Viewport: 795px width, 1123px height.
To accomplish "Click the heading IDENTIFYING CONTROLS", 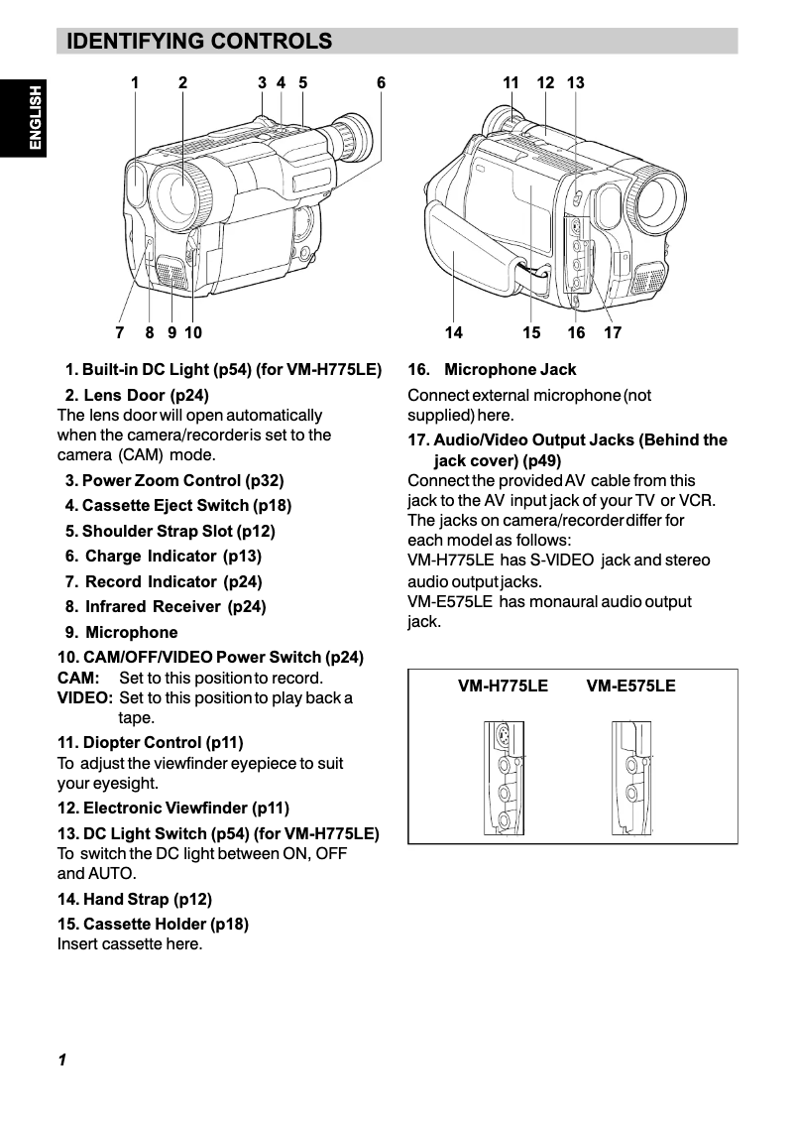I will (x=198, y=41).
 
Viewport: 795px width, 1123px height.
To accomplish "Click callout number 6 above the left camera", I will (x=381, y=83).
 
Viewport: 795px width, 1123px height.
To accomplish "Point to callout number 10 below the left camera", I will (x=192, y=333).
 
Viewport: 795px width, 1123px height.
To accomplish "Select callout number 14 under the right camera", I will (x=453, y=333).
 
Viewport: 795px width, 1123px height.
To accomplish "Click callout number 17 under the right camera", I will (x=613, y=333).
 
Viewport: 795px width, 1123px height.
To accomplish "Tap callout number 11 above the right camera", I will (x=511, y=83).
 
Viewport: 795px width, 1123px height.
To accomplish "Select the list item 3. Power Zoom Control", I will (x=174, y=480).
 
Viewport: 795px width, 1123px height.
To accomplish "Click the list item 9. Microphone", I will (x=122, y=632).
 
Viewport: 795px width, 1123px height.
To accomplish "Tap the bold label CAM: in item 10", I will (x=78, y=679).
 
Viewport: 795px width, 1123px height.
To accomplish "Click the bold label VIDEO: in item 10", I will (x=84, y=698).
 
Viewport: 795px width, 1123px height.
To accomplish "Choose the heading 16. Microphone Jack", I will (x=492, y=370).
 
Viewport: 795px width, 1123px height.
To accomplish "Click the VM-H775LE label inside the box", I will (x=503, y=686).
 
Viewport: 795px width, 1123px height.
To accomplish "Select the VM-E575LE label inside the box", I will (x=630, y=686).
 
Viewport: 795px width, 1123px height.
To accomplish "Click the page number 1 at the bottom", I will (x=61, y=1061).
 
